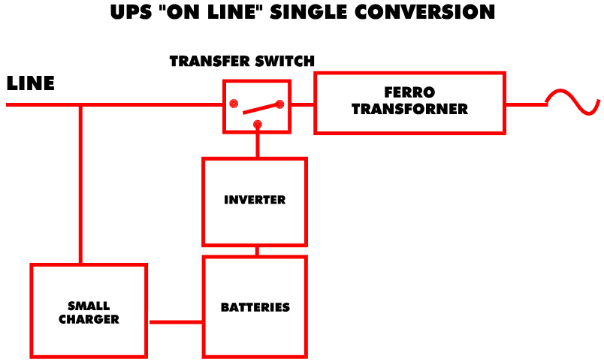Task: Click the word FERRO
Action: point(409,92)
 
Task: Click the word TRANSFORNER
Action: point(409,110)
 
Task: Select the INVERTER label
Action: point(255,200)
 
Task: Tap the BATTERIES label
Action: point(255,307)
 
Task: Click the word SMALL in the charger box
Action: point(89,306)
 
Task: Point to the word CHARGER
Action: point(89,319)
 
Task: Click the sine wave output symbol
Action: point(572,102)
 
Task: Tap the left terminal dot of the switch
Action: point(234,103)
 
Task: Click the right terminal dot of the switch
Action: point(279,104)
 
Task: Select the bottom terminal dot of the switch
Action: point(257,123)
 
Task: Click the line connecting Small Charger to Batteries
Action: point(175,322)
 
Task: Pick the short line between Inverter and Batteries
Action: point(257,252)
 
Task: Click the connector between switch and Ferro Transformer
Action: point(303,104)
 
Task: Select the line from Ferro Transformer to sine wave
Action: point(525,104)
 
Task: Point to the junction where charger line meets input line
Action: point(80,104)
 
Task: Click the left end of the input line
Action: point(8,104)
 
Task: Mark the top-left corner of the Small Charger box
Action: point(32,265)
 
